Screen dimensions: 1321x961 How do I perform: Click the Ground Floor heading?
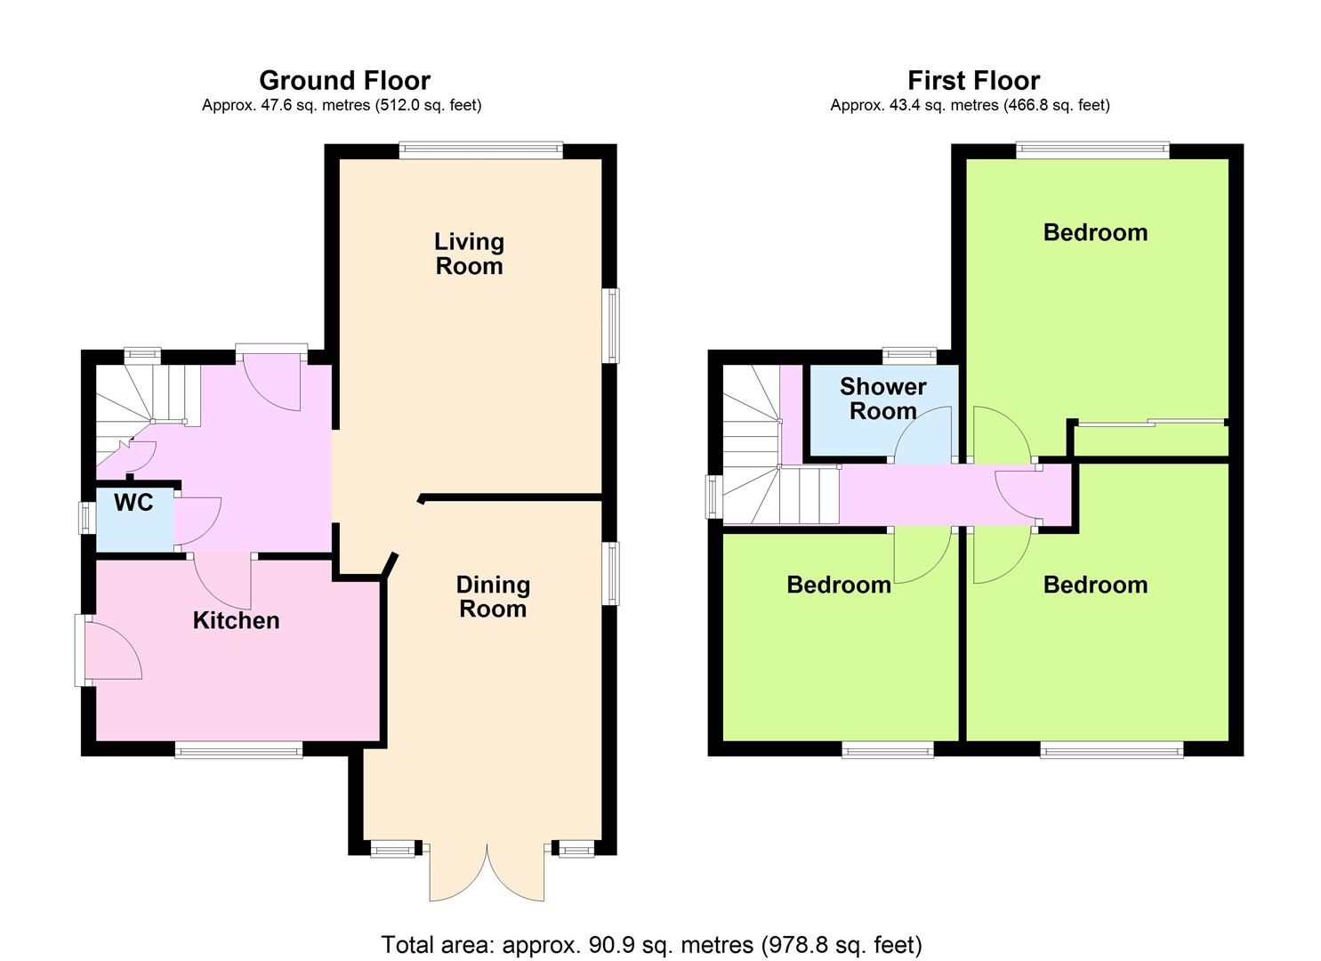345,80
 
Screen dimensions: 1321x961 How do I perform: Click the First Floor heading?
974,80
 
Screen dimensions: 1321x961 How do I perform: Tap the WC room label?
133,503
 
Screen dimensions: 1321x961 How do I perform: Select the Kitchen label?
236,620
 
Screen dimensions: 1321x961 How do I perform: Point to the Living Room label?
469,254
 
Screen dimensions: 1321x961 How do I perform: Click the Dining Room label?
493,596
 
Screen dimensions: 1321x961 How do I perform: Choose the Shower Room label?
882,399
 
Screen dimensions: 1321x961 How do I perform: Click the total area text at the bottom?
652,944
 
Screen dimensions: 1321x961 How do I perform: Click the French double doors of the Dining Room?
487,873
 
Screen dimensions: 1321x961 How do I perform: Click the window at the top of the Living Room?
481,149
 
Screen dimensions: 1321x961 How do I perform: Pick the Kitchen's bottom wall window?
238,749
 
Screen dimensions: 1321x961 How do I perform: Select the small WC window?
87,518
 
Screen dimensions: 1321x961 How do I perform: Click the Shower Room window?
909,356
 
